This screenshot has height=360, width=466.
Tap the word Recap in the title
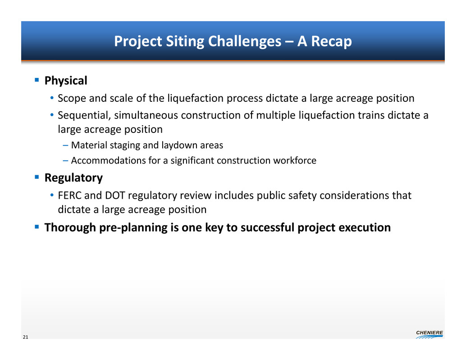pos(331,41)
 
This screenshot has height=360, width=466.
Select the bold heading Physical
pos(66,81)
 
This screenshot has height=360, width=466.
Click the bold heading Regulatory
pos(73,178)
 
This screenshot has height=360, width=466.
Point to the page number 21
pos(26,337)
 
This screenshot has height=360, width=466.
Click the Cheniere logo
pos(429,334)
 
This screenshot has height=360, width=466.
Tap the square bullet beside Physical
pos(37,80)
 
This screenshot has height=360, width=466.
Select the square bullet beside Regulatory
pos(37,177)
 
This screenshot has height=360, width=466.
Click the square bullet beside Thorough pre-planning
pos(37,227)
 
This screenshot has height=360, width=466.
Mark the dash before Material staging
pos(65,145)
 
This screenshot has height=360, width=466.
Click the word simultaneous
pos(146,115)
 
